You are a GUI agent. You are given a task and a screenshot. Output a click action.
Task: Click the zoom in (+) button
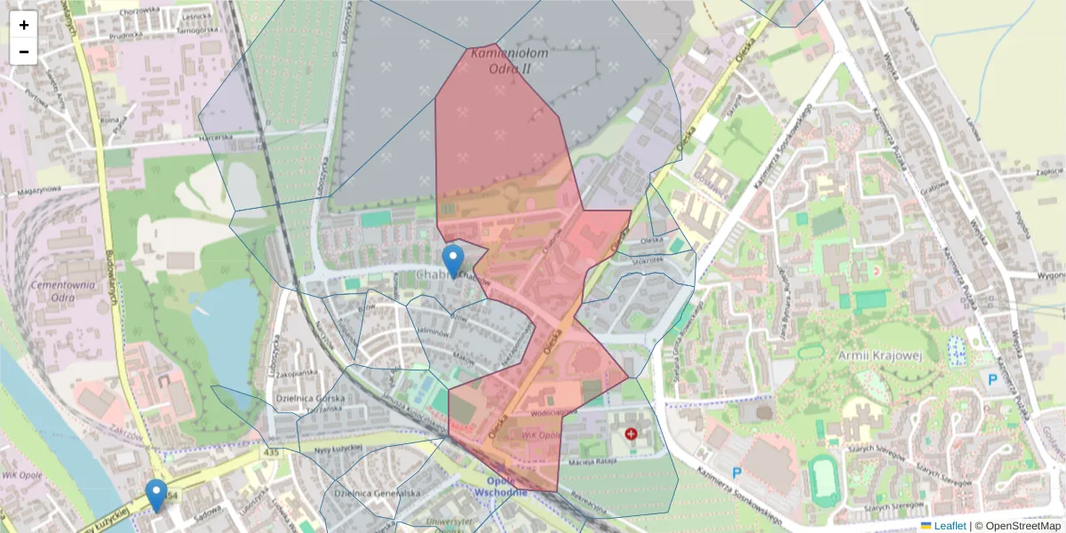(x=24, y=25)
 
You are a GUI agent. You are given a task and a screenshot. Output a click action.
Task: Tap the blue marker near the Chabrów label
(x=453, y=260)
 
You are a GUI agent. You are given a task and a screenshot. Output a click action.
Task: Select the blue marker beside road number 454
(x=156, y=494)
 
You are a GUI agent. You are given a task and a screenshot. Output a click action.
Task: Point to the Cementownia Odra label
(x=62, y=291)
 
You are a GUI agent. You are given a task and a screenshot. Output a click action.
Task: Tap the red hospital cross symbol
(x=631, y=434)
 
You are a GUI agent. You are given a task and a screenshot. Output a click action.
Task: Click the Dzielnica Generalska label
(x=377, y=493)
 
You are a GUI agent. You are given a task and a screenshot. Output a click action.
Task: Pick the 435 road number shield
(x=270, y=453)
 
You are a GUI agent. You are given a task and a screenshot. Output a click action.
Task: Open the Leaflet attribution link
(x=949, y=526)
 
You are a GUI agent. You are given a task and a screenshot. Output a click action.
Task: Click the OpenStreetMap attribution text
(x=1017, y=526)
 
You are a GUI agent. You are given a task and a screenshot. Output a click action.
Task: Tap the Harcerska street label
(x=214, y=137)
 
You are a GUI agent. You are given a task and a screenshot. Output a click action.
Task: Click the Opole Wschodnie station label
(x=502, y=486)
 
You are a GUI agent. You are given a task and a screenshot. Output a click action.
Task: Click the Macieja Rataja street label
(x=587, y=462)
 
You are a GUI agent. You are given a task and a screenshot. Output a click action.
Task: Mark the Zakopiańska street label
(x=296, y=374)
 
